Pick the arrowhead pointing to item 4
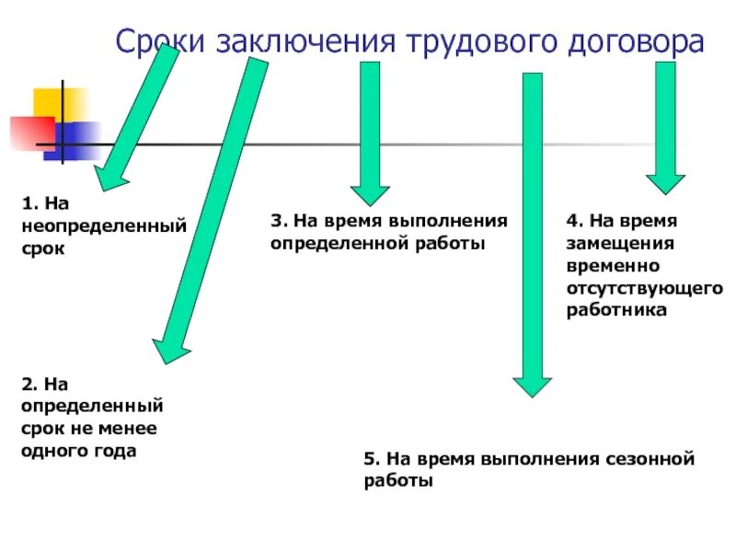click(x=665, y=181)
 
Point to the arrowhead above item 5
click(x=532, y=385)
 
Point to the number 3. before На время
click(x=279, y=222)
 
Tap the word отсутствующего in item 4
click(x=645, y=289)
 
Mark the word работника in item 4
click(x=616, y=311)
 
